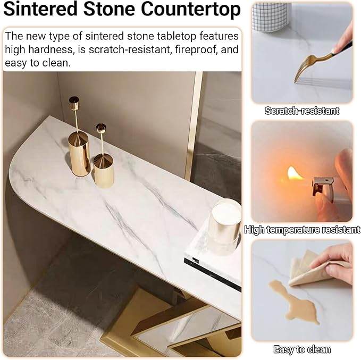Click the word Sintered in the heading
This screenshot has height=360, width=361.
coord(40,9)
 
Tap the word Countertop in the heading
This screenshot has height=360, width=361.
coord(191,10)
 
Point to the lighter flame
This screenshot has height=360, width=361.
coord(294,174)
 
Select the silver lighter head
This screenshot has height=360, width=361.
coord(322,187)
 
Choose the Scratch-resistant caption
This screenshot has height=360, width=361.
coord(302,111)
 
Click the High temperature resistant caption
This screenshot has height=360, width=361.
coord(302,230)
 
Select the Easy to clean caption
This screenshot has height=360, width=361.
coord(302,349)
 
